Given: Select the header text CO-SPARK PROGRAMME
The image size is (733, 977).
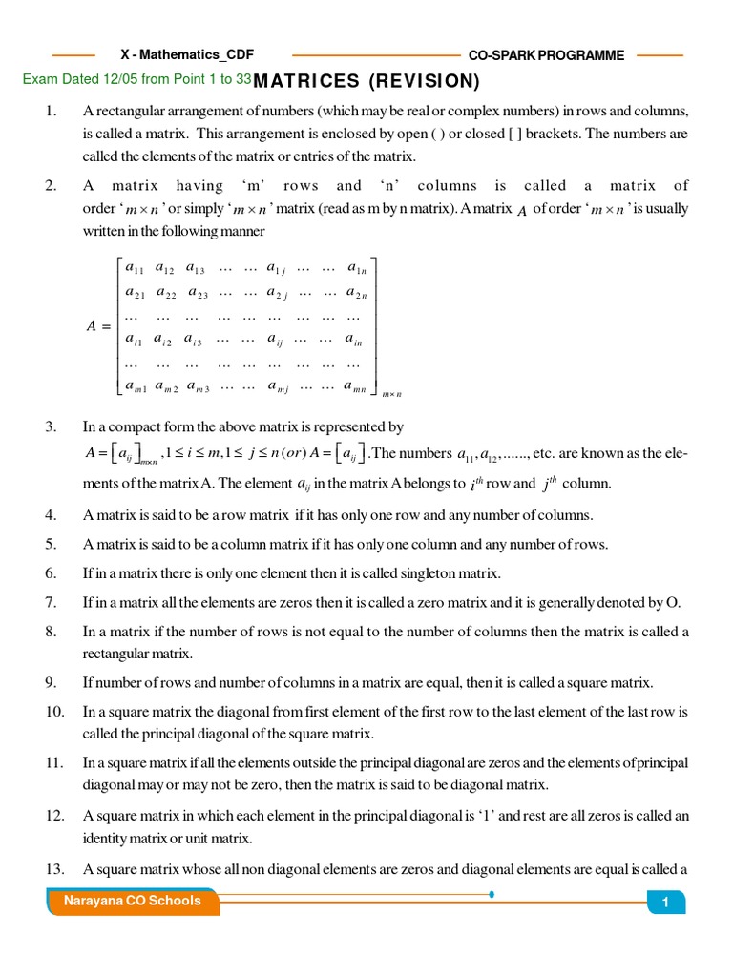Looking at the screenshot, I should click(546, 55).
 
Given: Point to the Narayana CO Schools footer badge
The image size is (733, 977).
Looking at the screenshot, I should click(132, 901).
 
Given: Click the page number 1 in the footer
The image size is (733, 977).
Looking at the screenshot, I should click(665, 903).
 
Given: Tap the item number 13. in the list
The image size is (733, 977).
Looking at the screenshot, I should click(53, 868).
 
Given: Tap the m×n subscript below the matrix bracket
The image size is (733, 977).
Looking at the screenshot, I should click(391, 394).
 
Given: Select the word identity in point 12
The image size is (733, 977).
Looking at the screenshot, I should click(105, 839).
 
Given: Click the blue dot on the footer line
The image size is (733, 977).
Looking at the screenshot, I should click(491, 895).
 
